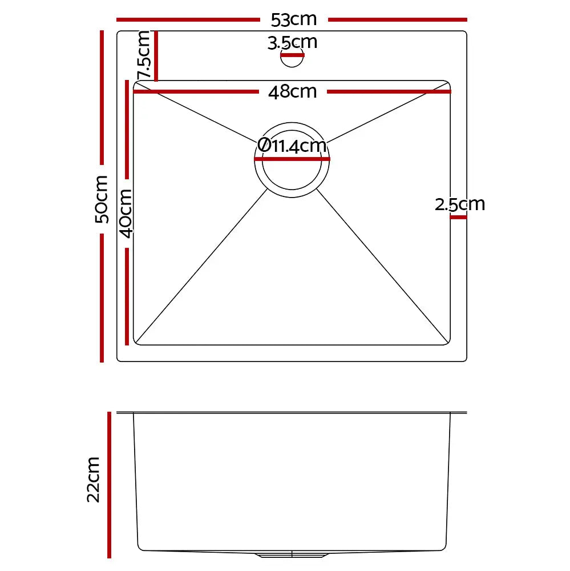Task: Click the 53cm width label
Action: [293, 19]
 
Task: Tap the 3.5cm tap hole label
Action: [292, 42]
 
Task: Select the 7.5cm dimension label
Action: [144, 55]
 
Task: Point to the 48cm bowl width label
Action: [292, 91]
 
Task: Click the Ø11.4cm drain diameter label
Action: [292, 146]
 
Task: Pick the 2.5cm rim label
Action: [459, 204]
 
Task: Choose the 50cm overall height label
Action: [102, 199]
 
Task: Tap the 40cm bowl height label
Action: [126, 212]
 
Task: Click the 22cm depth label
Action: [94, 479]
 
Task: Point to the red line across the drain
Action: [292, 159]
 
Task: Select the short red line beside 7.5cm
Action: [156, 56]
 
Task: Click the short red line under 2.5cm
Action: [458, 217]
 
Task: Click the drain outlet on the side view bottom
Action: [292, 554]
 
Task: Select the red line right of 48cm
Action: [389, 91]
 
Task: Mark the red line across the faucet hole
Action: [292, 55]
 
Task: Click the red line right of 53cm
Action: [398, 19]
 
